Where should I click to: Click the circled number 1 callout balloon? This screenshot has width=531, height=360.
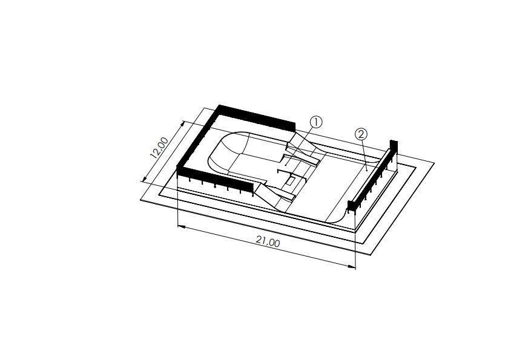tap(316, 122)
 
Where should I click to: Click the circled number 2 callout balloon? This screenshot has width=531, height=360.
tap(361, 134)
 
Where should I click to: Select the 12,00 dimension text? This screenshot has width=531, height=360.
tap(159, 148)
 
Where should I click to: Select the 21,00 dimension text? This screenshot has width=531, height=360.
tap(268, 241)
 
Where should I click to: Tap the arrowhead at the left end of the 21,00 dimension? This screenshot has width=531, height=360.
tap(181, 227)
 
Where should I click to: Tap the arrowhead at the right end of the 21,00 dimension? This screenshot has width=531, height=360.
tap(352, 267)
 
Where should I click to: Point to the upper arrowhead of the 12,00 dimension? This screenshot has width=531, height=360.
tap(183, 124)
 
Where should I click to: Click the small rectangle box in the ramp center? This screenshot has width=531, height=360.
tap(290, 181)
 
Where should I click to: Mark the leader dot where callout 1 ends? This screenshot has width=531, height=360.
tap(286, 165)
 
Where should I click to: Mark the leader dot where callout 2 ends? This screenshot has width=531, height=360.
tap(367, 170)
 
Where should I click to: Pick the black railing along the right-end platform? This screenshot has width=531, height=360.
tap(372, 177)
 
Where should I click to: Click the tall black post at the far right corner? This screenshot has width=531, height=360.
tap(394, 147)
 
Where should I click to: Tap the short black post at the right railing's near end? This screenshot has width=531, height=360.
tap(351, 205)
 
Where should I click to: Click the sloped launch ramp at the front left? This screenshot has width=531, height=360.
tap(272, 197)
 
